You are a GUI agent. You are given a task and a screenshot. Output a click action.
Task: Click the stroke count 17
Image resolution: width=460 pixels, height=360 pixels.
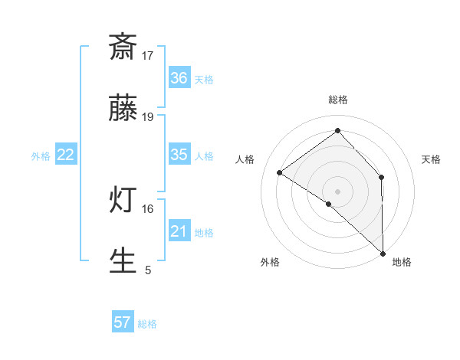(x=148, y=55)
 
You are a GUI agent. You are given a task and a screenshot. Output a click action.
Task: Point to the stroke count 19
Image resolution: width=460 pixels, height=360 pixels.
(x=148, y=116)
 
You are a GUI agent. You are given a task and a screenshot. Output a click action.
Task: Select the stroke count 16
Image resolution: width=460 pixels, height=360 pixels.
(x=148, y=208)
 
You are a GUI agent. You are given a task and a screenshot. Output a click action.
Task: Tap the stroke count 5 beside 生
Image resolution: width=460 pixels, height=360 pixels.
(x=148, y=270)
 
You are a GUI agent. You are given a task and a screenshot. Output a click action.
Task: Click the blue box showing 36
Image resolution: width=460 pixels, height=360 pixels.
(x=179, y=78)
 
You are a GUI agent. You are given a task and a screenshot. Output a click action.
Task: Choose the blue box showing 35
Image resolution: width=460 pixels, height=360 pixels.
(x=179, y=155)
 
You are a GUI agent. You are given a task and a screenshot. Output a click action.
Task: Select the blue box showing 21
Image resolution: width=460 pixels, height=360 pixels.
(x=179, y=231)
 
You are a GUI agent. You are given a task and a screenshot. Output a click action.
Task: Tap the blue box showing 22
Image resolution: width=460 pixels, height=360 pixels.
(x=66, y=155)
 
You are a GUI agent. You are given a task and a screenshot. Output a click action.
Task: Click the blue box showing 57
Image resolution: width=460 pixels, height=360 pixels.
(x=123, y=322)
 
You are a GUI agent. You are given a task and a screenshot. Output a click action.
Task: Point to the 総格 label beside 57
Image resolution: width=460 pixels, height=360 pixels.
(x=147, y=323)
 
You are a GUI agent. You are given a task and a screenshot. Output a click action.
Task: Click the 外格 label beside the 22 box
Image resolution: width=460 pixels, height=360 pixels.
(x=41, y=155)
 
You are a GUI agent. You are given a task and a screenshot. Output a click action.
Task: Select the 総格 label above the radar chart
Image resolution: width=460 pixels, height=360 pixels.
(x=337, y=100)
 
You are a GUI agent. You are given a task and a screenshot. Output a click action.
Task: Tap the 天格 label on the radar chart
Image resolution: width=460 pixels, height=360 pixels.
(x=431, y=159)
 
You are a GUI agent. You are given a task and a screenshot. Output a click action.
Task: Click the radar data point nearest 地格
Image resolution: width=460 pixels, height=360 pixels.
(x=382, y=253)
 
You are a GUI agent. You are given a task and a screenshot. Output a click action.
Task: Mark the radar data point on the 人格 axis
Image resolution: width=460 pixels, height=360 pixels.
(x=280, y=173)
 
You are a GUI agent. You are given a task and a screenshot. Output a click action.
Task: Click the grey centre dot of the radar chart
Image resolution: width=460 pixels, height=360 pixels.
(x=337, y=191)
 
